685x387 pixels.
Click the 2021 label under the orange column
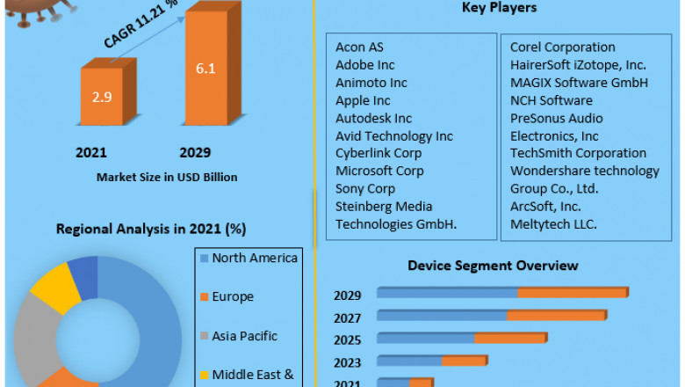pos(90,152)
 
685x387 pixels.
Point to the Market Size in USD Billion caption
pos(167,177)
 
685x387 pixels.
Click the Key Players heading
pos(499,8)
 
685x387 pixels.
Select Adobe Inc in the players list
pos(364,65)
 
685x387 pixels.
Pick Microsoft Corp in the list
pos(379,171)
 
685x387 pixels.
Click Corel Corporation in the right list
pos(562,47)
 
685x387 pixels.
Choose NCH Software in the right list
pos(551,100)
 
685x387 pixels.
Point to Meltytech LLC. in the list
pos(553,223)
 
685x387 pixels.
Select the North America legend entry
pos(255,258)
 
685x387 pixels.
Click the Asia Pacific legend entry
pos(244,335)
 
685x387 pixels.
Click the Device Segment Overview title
pos(493,265)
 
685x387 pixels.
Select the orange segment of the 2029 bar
pos(573,292)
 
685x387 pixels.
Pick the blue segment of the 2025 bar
pos(426,338)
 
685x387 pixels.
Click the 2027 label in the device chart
pos(347,317)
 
